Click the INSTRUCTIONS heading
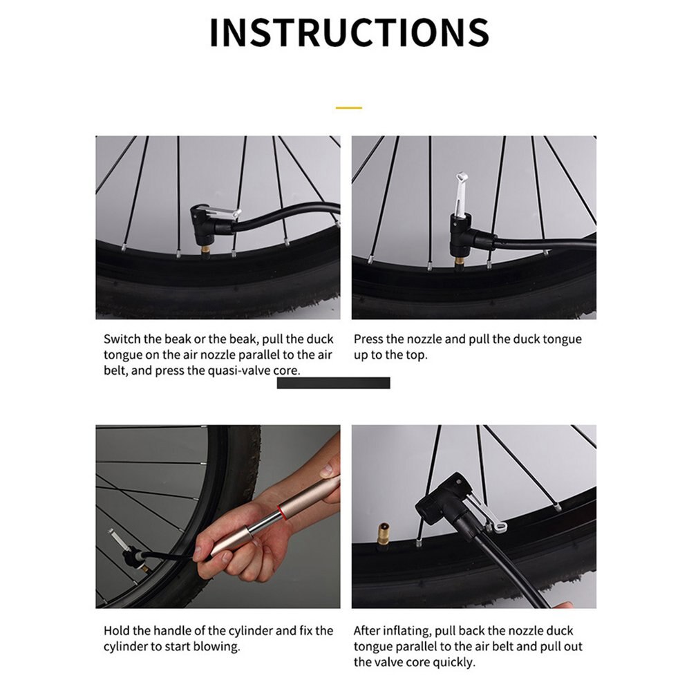pos(349,32)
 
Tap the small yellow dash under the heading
pos(349,108)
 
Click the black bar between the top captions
pos(333,383)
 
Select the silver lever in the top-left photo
pos(224,214)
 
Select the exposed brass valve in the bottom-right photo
pos(382,534)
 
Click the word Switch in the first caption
pos(122,339)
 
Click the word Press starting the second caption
pos(369,339)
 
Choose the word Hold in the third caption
pos(117,631)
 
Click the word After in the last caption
pos(368,631)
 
